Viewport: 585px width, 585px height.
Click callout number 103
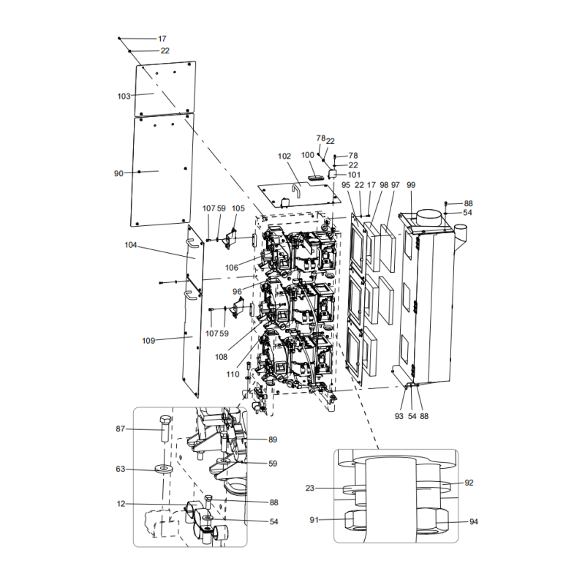click(x=124, y=96)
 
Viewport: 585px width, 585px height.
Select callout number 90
click(x=118, y=173)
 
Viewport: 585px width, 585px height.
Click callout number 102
click(x=284, y=156)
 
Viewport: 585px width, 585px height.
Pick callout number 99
click(x=410, y=185)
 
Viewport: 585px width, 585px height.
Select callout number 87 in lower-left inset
click(x=121, y=429)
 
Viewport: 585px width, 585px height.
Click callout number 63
click(x=121, y=469)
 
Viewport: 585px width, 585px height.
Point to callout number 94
click(x=473, y=521)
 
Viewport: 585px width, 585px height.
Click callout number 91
click(x=314, y=520)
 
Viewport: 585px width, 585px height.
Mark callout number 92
click(x=469, y=483)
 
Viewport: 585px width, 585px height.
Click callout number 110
click(x=233, y=374)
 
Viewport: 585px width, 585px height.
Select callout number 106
click(x=232, y=268)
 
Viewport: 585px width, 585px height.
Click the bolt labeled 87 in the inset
click(x=164, y=431)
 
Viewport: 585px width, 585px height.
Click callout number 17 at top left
click(x=162, y=38)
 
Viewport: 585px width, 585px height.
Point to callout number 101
click(x=354, y=175)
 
